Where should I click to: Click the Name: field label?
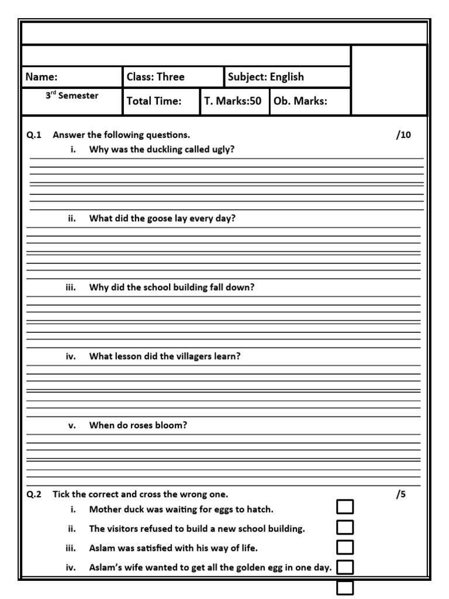(41, 77)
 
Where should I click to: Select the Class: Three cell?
(156, 77)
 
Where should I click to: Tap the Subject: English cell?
(266, 77)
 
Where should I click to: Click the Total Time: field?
(154, 101)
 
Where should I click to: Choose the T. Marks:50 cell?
(233, 101)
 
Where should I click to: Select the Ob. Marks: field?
(301, 101)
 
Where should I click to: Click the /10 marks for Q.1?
(403, 135)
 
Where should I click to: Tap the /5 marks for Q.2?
(400, 494)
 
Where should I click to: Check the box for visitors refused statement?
(345, 527)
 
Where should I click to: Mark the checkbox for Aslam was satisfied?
(345, 547)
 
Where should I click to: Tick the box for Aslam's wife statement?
(345, 566)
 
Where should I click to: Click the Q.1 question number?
(34, 135)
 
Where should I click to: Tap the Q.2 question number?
(34, 494)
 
